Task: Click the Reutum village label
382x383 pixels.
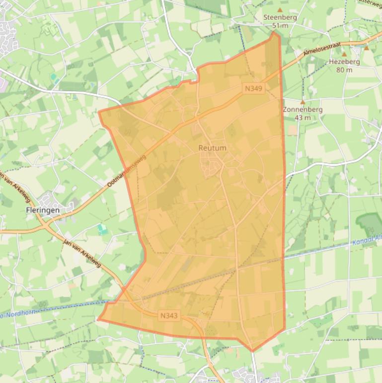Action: click(x=212, y=148)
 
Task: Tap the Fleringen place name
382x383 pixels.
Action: click(x=43, y=210)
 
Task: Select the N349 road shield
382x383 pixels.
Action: click(x=253, y=88)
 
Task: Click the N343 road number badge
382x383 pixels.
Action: click(x=169, y=315)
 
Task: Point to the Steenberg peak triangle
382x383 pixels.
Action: click(x=280, y=9)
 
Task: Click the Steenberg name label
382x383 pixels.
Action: click(x=280, y=17)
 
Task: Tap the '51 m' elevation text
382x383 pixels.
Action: click(x=280, y=26)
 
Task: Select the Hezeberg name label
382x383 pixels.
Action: click(x=344, y=62)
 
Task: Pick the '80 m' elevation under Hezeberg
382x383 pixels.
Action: click(x=344, y=70)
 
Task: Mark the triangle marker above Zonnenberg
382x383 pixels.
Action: click(x=302, y=102)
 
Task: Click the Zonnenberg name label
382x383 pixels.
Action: click(x=302, y=109)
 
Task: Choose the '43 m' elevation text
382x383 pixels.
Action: click(x=302, y=118)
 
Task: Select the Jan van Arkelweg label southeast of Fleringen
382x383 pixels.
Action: click(x=82, y=252)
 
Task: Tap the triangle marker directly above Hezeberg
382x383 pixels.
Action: click(x=344, y=54)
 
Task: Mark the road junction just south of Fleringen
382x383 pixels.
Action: click(x=48, y=227)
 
